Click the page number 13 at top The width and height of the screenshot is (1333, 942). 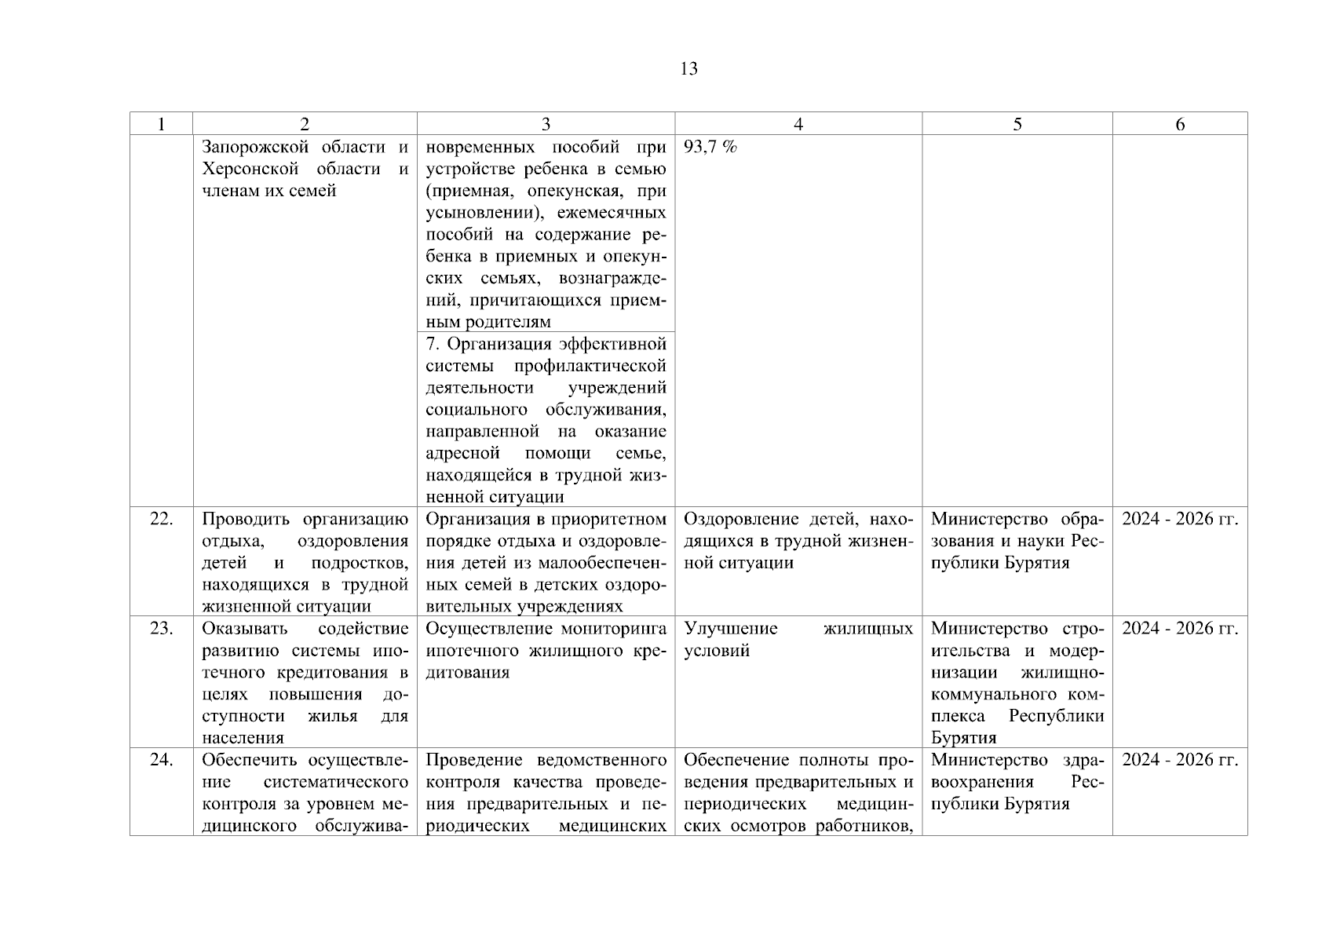[x=688, y=69]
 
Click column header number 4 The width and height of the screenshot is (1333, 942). [x=798, y=124]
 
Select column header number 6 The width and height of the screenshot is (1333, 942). [x=1179, y=124]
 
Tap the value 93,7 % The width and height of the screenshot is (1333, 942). [x=710, y=147]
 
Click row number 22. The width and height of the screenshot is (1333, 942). [x=161, y=519]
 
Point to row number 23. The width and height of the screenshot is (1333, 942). [x=161, y=629]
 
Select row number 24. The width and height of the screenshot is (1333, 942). [x=161, y=761]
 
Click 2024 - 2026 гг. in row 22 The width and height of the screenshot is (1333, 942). [x=1179, y=519]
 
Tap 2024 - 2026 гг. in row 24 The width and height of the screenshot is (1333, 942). [x=1179, y=761]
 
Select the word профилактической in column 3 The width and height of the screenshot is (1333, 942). [x=590, y=367]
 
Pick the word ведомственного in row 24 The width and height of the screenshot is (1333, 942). [x=601, y=761]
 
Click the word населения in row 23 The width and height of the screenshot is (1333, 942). [x=243, y=738]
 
